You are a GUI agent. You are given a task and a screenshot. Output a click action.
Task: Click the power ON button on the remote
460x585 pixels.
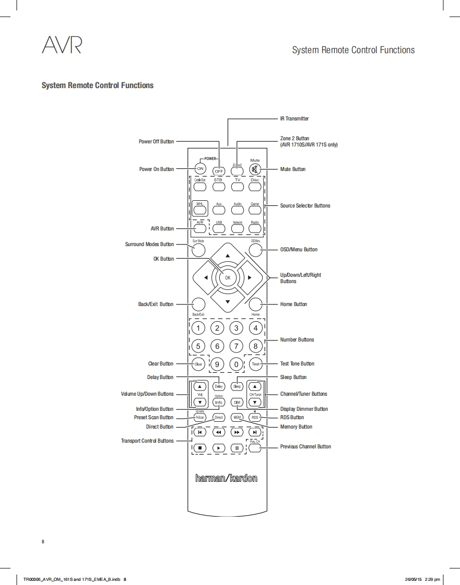(200, 169)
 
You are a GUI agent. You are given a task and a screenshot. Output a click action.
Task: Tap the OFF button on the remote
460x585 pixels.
(219, 170)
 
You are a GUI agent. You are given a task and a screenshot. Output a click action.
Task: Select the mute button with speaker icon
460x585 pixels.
(255, 169)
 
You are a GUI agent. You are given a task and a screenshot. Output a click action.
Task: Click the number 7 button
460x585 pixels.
(237, 346)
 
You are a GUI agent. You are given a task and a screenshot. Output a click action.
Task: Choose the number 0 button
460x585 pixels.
(237, 364)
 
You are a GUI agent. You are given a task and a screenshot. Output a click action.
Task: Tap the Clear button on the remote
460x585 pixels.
(198, 364)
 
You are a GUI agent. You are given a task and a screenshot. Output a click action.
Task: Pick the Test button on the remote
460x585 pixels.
(255, 364)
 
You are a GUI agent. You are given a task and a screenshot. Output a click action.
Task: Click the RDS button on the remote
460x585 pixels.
(255, 418)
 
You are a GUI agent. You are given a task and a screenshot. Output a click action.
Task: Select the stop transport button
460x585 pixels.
(199, 447)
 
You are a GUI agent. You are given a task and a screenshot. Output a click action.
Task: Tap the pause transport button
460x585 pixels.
(237, 447)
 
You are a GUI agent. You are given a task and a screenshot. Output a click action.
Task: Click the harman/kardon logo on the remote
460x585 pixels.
(227, 478)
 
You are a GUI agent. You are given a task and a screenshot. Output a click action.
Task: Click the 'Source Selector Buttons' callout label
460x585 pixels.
(305, 205)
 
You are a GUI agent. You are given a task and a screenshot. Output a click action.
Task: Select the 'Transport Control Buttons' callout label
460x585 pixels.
(147, 441)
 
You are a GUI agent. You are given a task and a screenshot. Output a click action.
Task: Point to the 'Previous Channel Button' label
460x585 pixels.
(305, 446)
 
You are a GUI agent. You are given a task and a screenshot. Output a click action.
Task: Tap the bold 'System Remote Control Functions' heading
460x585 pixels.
(98, 85)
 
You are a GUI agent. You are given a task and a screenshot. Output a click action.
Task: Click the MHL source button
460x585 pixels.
(199, 209)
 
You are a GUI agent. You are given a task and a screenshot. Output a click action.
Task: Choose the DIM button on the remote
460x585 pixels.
(237, 403)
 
